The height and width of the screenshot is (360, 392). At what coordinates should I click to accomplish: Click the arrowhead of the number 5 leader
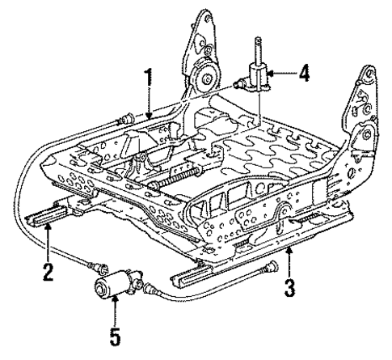(116, 300)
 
